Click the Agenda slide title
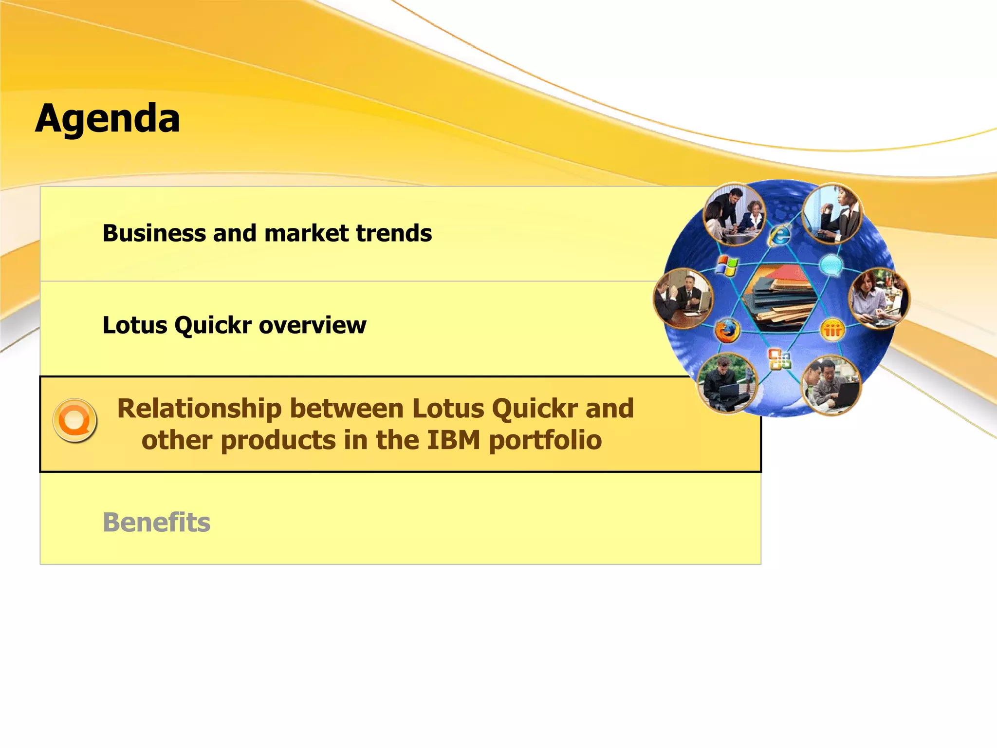[108, 118]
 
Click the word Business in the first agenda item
[154, 233]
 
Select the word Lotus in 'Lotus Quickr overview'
[135, 325]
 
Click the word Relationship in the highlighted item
[199, 408]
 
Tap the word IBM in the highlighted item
[454, 440]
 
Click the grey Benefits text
[156, 523]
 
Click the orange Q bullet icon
[75, 420]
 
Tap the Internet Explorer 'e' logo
[779, 235]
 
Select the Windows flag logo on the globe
[727, 266]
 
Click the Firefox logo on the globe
[727, 331]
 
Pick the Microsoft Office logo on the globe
[779, 360]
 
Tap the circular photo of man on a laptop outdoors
[727, 383]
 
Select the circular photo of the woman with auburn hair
[878, 298]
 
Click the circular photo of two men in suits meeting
[683, 298]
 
